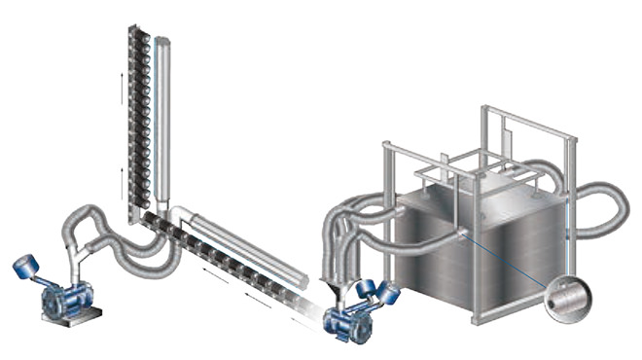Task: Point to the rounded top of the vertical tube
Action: point(162,41)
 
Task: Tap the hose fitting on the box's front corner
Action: point(460,234)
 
